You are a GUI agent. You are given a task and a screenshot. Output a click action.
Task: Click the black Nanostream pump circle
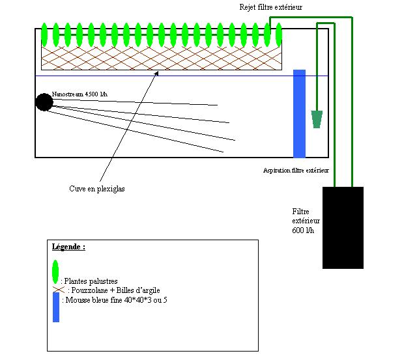coord(44,102)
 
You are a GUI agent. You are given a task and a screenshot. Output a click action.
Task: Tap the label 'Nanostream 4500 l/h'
coord(79,94)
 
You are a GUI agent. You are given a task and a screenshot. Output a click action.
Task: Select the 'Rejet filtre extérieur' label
coord(271,7)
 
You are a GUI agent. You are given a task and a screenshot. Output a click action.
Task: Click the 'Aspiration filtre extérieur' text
coord(296,171)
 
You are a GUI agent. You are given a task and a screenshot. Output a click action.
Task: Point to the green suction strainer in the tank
coord(317,119)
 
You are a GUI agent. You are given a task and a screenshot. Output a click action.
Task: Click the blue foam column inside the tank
coord(299,114)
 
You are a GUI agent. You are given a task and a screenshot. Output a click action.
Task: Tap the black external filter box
coord(343,228)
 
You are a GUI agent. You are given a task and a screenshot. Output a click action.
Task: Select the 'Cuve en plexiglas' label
coord(97,189)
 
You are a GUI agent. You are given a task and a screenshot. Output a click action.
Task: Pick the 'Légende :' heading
coord(68,247)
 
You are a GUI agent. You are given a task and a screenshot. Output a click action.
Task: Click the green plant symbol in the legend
coord(55,272)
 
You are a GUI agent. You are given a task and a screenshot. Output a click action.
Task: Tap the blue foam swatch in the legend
coord(56,307)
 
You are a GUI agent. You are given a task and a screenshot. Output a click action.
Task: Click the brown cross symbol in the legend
coord(59,290)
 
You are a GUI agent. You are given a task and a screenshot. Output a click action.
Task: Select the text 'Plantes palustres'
coord(91,281)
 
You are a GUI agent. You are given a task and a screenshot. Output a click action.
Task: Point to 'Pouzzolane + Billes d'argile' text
coord(116,290)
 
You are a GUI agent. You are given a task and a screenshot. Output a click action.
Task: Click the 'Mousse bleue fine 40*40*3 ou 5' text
coord(116,300)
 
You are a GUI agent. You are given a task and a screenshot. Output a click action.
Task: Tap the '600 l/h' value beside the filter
coord(303,230)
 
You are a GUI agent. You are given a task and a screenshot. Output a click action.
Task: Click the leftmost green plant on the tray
coord(44,35)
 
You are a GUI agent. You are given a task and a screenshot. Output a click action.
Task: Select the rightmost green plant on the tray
coord(279,35)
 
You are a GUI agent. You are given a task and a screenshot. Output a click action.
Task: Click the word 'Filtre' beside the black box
coord(300,212)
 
